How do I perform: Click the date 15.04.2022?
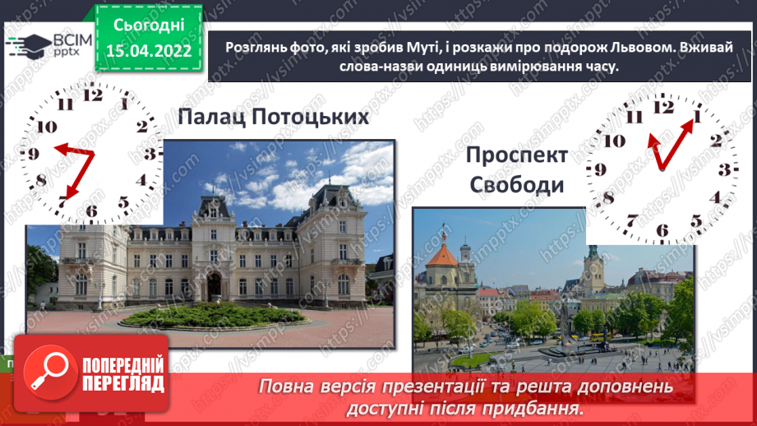click(148, 50)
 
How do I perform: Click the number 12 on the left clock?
click(93, 94)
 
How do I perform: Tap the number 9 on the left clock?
click(34, 154)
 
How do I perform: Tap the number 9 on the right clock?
click(602, 170)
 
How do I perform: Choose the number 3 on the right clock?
click(723, 170)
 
